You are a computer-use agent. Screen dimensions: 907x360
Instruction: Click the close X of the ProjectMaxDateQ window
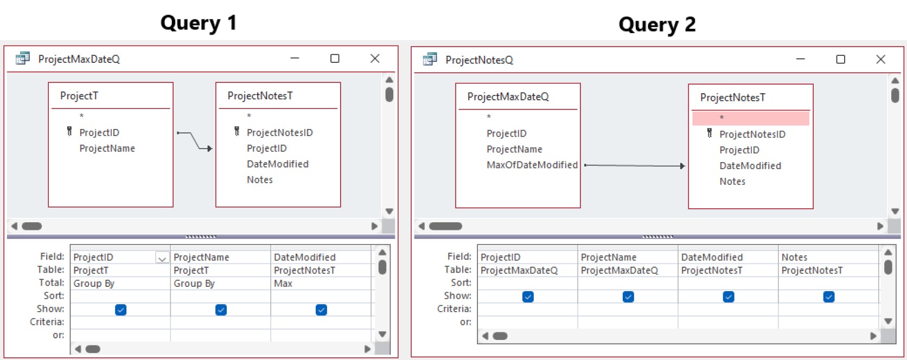pos(375,59)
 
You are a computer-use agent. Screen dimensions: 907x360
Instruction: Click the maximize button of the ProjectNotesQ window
pos(841,60)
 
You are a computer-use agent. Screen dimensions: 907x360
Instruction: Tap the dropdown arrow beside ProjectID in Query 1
pos(162,258)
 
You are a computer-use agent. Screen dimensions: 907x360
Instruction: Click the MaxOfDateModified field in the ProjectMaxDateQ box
pos(532,165)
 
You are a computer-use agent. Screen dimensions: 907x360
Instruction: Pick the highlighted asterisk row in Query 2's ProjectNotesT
pos(751,118)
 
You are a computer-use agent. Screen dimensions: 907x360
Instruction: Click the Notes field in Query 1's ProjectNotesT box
pos(259,179)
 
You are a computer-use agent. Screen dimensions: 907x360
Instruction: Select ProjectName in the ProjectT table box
pos(107,149)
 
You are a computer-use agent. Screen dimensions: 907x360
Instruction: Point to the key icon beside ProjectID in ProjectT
pos(69,131)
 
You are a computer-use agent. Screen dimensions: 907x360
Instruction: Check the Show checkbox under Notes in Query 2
pos(829,297)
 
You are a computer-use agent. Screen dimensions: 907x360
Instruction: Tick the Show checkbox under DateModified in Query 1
pos(321,310)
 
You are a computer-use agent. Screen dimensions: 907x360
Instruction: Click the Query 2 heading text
pos(657,24)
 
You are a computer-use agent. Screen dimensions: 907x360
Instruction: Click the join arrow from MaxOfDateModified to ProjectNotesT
pos(635,165)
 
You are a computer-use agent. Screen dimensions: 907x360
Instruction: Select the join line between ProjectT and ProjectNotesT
pos(195,140)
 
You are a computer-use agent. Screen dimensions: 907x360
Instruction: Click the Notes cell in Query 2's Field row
pos(794,257)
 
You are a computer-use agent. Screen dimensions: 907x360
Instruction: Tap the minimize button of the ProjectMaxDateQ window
pos(295,58)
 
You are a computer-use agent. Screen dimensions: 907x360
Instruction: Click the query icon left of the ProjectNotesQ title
pos(430,59)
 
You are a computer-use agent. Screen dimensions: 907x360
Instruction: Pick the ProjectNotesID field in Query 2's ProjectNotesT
pos(752,134)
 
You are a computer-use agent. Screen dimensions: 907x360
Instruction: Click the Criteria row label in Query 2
pos(454,309)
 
